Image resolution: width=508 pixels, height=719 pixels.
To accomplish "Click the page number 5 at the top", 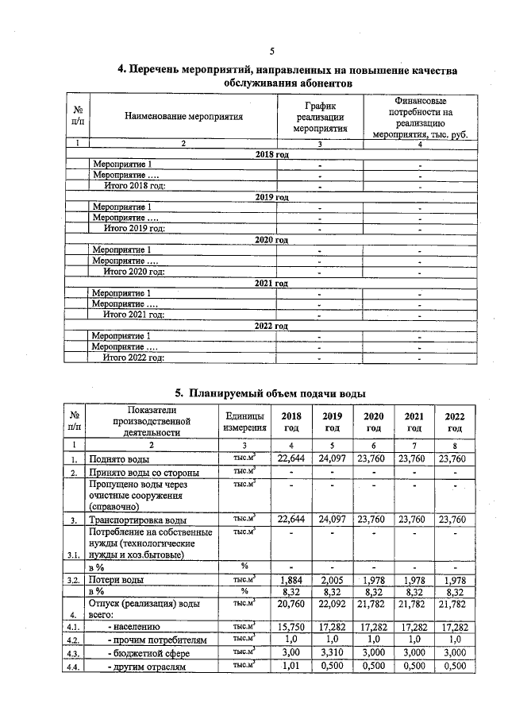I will click(271, 52).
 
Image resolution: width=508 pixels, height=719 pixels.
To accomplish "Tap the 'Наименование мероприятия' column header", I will click(183, 117).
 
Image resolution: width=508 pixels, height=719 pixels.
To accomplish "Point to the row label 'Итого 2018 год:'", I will click(135, 185).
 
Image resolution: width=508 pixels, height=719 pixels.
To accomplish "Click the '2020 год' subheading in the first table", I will click(271, 238).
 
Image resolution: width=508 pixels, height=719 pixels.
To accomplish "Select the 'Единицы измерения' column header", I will click(244, 422).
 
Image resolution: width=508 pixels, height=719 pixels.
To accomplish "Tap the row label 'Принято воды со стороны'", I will click(144, 473).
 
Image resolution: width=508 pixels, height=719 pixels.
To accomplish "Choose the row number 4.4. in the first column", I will click(73, 667).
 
